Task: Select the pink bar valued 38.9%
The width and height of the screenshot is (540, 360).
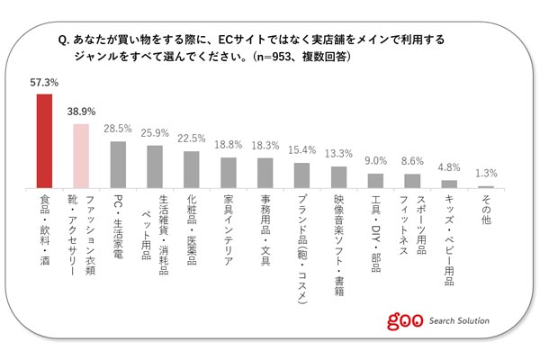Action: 81,155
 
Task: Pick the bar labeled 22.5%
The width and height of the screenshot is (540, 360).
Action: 191,168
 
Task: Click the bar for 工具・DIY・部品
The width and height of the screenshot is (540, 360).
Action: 375,180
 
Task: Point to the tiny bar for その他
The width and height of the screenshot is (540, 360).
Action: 486,185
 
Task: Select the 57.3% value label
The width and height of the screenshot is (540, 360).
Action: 44,83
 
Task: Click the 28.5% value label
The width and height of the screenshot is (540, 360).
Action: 118,129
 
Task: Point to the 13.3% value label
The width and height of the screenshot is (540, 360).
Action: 338,154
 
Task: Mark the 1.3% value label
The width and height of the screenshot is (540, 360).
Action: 486,174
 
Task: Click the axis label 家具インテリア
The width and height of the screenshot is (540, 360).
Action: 228,224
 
